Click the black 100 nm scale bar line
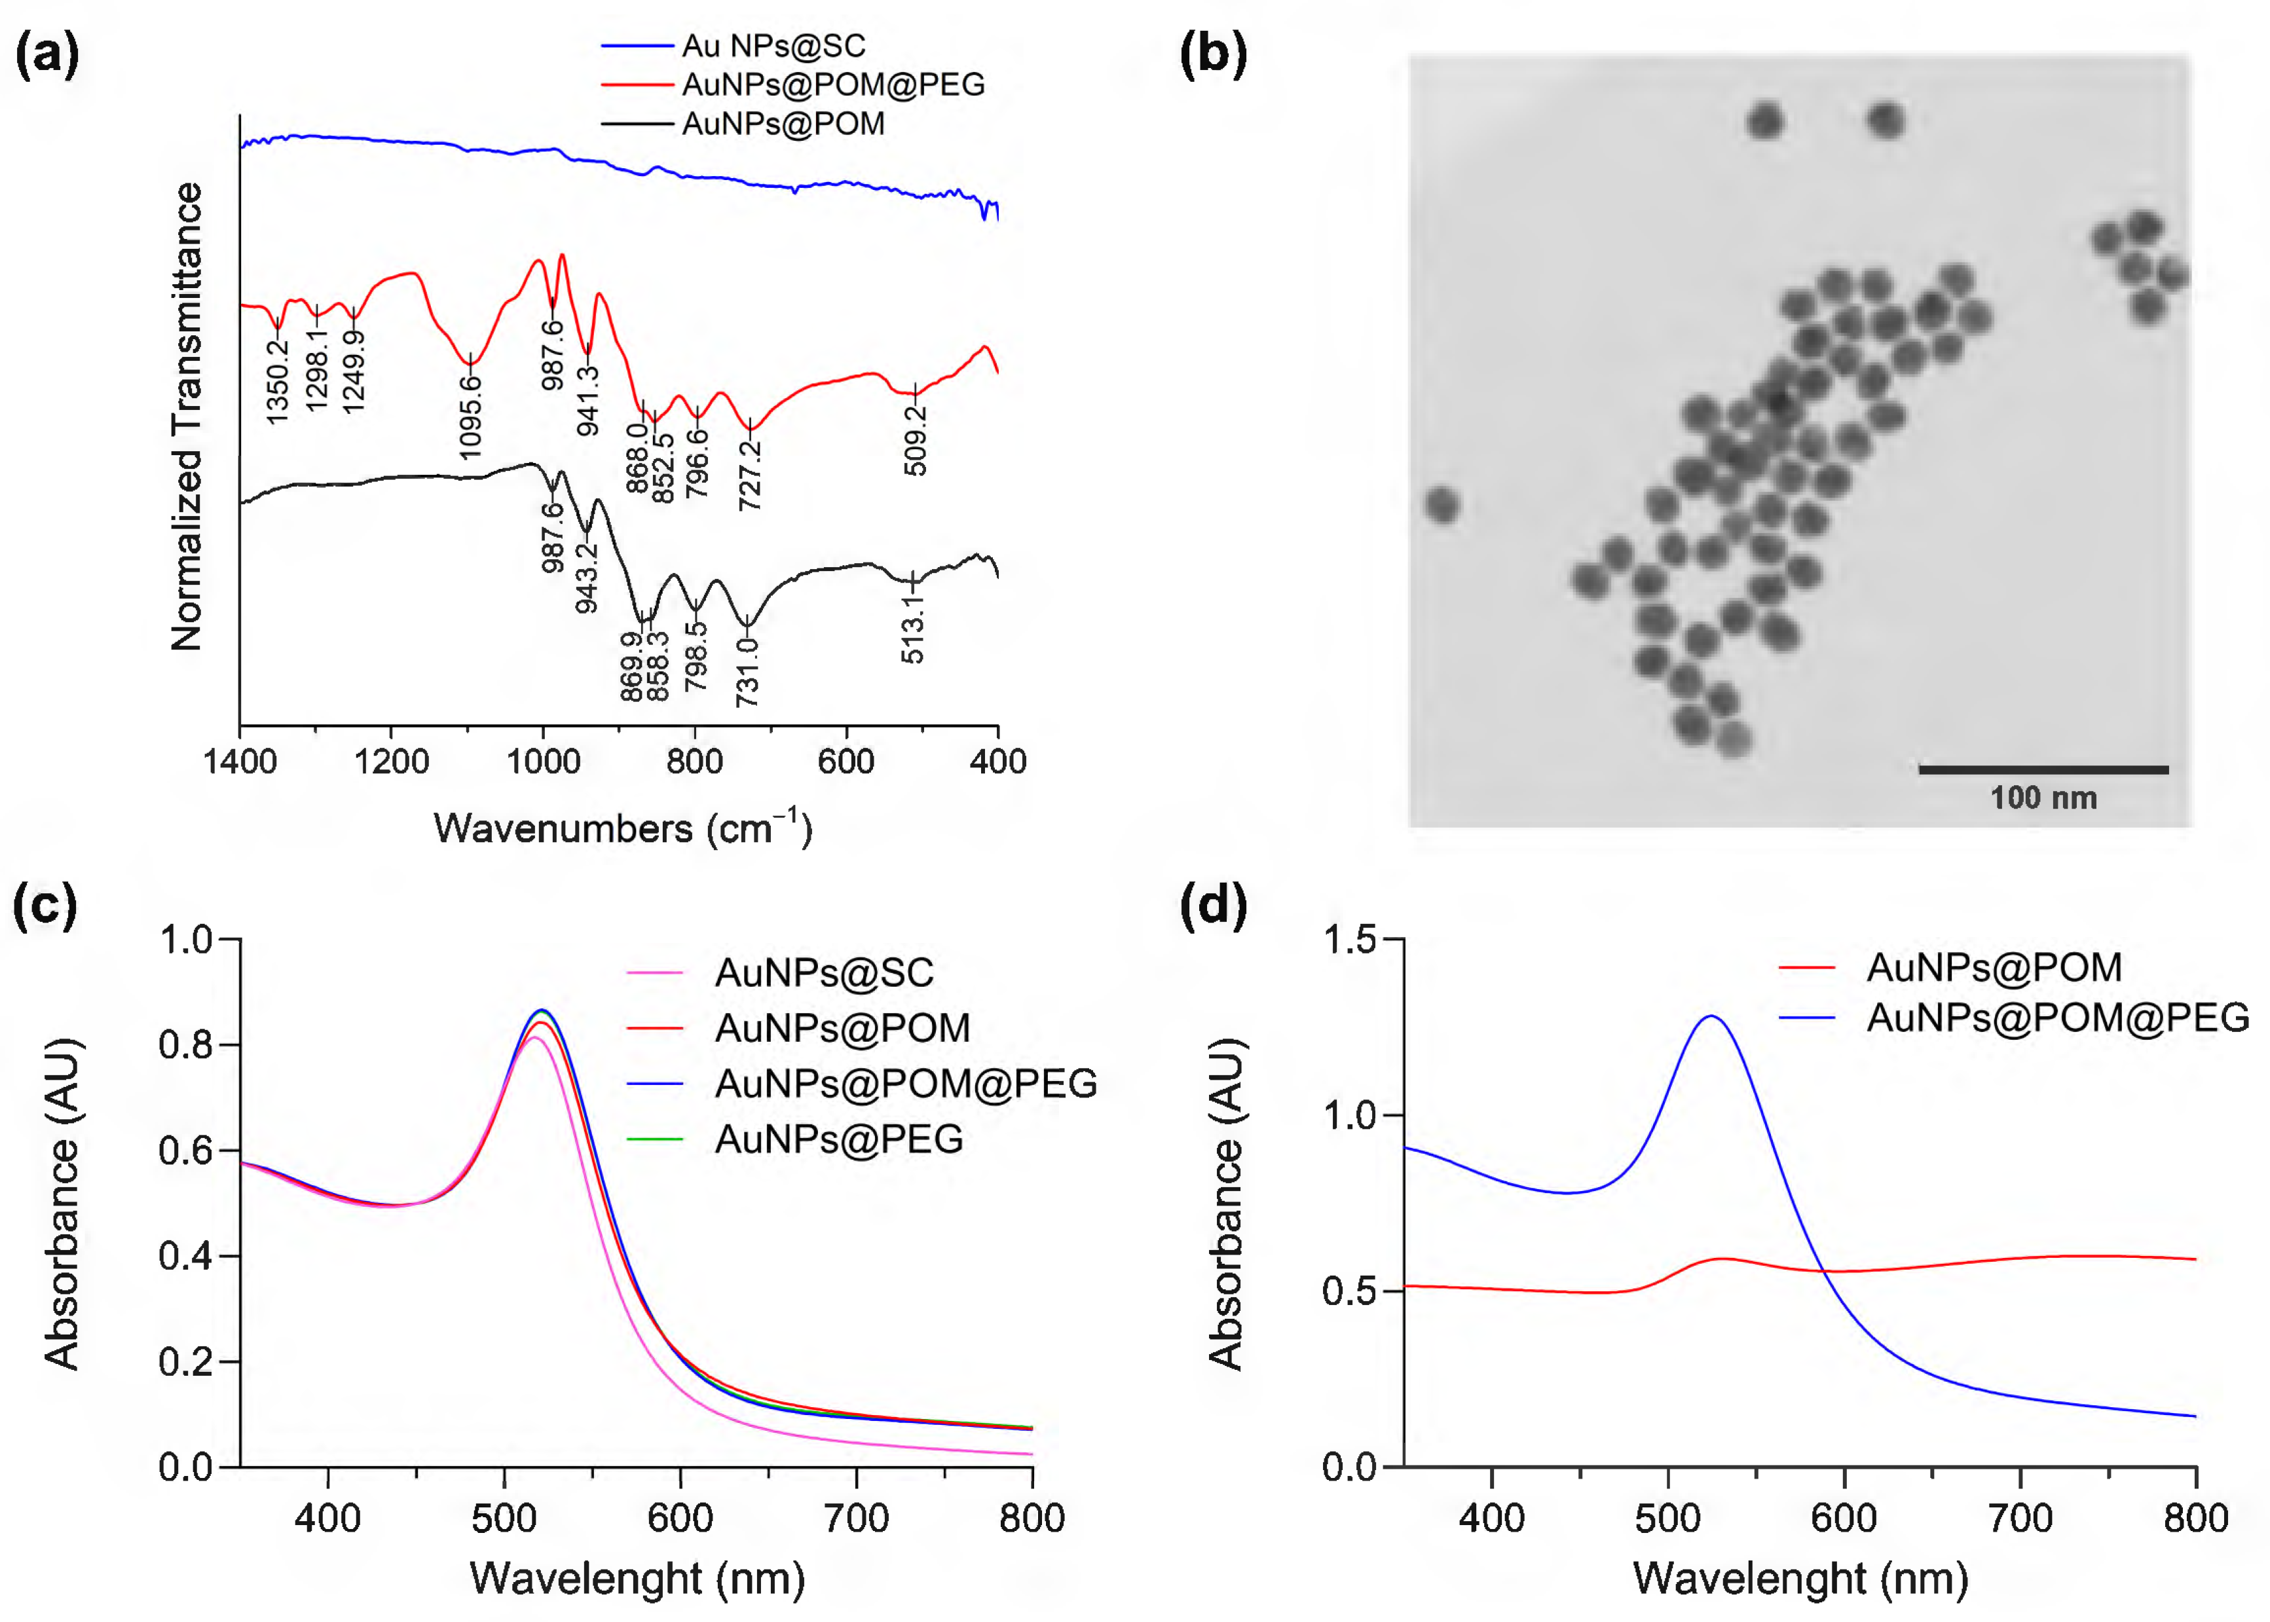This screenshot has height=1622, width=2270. click(2043, 769)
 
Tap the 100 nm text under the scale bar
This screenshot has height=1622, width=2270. click(2043, 798)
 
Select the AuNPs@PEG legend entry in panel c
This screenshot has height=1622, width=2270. click(838, 1139)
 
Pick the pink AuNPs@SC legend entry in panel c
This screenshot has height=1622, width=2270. click(824, 972)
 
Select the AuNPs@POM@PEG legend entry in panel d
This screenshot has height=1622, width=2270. click(2057, 1018)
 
